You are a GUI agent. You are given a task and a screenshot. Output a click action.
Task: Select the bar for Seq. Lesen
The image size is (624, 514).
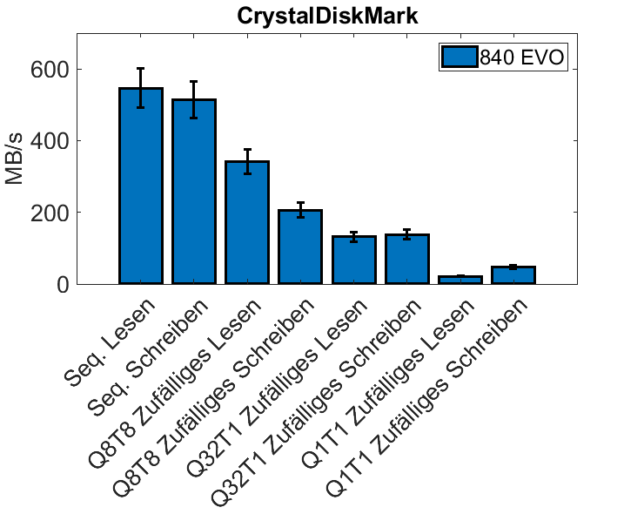click(x=140, y=186)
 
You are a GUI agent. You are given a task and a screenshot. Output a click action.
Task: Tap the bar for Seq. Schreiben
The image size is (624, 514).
click(x=193, y=192)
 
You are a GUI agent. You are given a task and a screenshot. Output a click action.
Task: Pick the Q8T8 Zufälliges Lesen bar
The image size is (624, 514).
click(x=247, y=223)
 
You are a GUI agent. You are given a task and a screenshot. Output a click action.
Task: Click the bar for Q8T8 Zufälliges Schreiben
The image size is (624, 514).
click(x=300, y=247)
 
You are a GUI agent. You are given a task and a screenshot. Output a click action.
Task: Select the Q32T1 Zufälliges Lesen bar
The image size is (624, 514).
click(x=354, y=260)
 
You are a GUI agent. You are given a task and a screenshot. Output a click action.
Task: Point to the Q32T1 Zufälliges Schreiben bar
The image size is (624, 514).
click(x=407, y=260)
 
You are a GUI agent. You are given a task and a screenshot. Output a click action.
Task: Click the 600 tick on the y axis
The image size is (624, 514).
click(x=49, y=69)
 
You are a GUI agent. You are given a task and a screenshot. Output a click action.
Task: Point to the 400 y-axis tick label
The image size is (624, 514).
click(x=49, y=140)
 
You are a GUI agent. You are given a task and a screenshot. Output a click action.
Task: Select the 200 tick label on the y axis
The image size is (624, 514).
click(x=49, y=213)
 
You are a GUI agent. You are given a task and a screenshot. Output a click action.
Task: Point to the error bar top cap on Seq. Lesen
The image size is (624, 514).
click(x=140, y=68)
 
